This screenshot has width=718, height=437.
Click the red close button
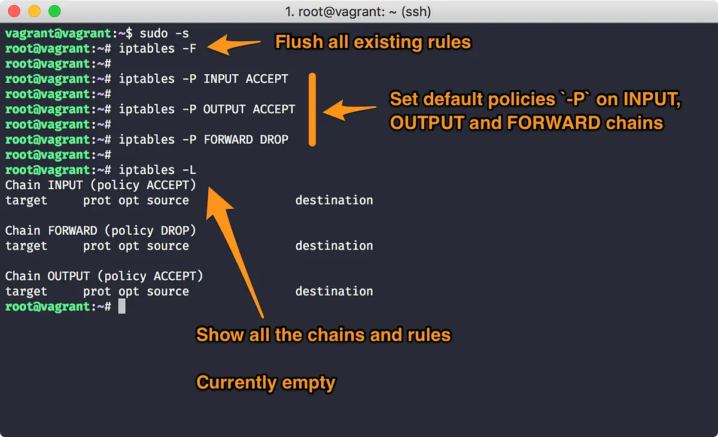(x=14, y=11)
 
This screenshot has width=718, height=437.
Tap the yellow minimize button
(x=34, y=11)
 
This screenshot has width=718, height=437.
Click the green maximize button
(x=54, y=11)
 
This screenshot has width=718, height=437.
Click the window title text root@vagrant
(x=342, y=12)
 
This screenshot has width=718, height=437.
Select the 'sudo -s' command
(x=164, y=34)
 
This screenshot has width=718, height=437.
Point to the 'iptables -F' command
(x=157, y=48)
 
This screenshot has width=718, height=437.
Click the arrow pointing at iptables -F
(x=234, y=45)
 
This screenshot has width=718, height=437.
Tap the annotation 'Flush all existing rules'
(x=373, y=42)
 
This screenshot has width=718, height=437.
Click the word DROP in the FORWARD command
(x=274, y=139)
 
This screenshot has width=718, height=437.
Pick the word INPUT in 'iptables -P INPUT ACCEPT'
(x=221, y=79)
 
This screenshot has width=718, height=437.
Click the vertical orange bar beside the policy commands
(x=312, y=110)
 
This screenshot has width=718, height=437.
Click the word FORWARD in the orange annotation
(x=553, y=123)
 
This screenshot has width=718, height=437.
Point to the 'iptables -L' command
(x=157, y=170)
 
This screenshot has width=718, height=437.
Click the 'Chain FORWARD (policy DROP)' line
(x=101, y=230)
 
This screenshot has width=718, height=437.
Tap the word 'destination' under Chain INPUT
(x=334, y=200)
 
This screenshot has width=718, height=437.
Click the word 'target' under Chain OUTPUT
(x=26, y=292)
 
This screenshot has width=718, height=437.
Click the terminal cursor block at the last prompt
(x=122, y=306)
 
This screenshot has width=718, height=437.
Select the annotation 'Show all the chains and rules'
(x=324, y=335)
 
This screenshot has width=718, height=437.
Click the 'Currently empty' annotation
(x=266, y=383)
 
